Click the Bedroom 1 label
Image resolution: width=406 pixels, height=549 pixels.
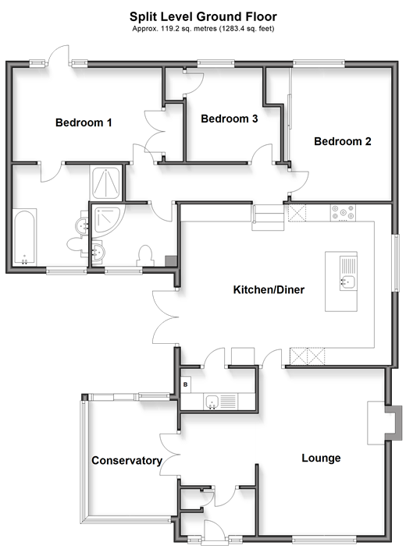point(84,122)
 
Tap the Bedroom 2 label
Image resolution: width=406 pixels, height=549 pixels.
point(343,141)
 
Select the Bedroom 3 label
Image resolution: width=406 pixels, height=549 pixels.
point(230,119)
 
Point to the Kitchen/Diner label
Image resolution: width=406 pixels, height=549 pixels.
point(269,289)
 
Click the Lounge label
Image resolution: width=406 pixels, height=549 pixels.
point(321,458)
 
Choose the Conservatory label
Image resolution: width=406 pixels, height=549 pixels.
point(127,460)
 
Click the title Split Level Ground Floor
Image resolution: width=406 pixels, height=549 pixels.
point(203,16)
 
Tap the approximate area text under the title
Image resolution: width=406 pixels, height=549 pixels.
point(203,29)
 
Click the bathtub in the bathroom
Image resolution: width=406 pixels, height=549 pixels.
point(24,237)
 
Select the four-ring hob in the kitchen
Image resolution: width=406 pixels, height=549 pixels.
point(343,213)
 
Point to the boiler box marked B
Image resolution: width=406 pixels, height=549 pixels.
point(186,384)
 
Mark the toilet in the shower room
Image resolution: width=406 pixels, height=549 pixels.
point(146,256)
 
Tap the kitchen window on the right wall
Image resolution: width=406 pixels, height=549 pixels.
point(396,263)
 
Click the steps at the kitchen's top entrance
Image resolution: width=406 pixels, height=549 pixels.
point(269,218)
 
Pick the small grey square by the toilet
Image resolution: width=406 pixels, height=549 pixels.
point(171,260)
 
